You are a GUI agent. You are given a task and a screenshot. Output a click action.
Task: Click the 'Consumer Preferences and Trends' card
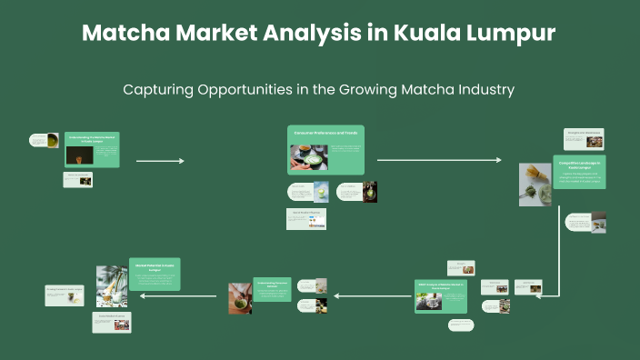pos(325,149)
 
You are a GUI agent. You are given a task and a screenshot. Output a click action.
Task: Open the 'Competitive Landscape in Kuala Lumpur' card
pos(579,172)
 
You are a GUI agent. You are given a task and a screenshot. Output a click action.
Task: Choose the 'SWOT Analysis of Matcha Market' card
pos(441,296)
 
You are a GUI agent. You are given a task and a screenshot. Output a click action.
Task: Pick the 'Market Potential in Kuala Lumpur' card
pos(155,274)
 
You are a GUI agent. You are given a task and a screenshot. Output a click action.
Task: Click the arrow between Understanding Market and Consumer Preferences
pos(160,161)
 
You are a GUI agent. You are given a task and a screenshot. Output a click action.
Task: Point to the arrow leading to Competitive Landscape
pos(438,160)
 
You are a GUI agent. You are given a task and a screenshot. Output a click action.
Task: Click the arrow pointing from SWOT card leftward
pos(363,295)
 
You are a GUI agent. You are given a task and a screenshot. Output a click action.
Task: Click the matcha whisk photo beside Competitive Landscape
pos(535,184)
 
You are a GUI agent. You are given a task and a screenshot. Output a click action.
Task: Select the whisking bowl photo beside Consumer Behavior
pos(240,297)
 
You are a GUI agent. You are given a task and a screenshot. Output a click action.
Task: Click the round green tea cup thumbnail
pos(53,140)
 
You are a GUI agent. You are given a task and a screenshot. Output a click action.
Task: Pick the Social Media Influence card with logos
pos(306,219)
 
